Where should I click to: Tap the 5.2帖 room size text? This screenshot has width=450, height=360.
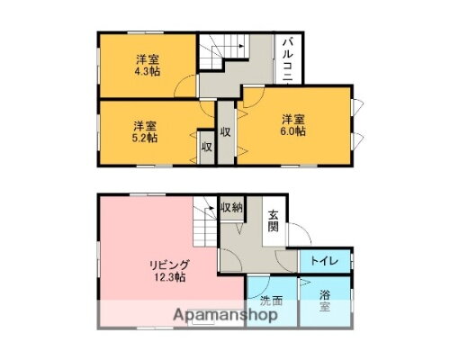(146, 138)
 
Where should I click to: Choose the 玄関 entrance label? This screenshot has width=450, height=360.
(273, 220)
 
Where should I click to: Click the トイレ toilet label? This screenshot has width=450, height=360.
(324, 261)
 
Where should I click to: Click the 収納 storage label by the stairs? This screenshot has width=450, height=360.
(230, 208)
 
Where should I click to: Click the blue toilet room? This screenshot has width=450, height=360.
(326, 260)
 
